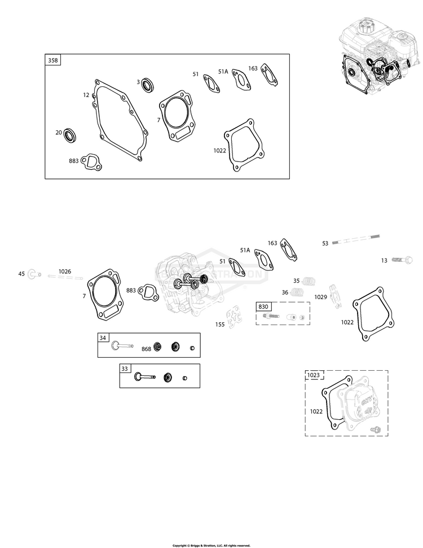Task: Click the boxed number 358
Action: [53, 60]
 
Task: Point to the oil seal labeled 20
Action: [71, 135]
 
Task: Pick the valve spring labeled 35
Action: [310, 280]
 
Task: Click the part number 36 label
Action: [285, 292]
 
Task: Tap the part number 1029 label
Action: [320, 297]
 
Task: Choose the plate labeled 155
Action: [233, 318]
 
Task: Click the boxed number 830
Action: [263, 306]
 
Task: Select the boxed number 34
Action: [103, 338]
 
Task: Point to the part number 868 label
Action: [146, 349]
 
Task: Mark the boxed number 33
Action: [125, 369]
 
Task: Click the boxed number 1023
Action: [313, 375]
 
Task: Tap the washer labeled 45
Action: [34, 274]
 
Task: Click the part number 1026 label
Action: [65, 271]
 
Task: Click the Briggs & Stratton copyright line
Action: [211, 545]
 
